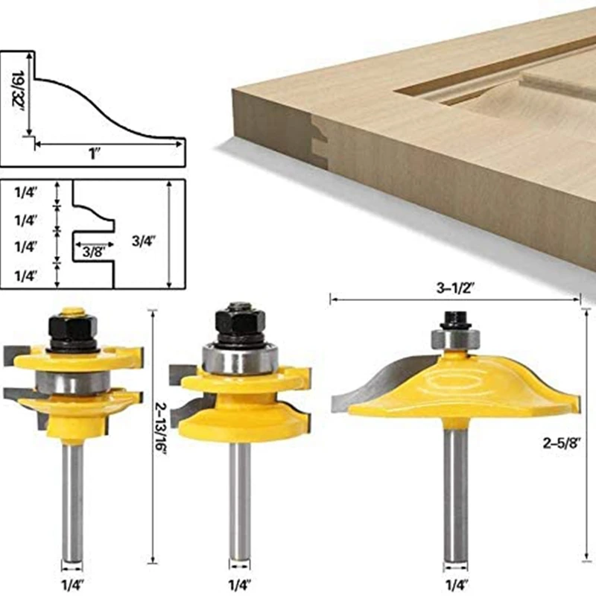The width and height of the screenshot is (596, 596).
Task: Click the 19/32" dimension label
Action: pos(18,89)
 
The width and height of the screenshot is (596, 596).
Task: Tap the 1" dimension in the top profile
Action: pos(94,154)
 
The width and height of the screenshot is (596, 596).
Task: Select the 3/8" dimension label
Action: pos(94,252)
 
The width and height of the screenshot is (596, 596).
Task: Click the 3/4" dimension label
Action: pos(144,241)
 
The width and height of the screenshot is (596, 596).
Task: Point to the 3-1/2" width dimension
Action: pos(456,288)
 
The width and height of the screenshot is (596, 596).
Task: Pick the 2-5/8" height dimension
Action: pos(562,443)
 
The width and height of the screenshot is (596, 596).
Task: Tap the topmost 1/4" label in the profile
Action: pos(26,193)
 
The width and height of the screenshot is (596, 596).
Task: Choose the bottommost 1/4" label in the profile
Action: pos(26,276)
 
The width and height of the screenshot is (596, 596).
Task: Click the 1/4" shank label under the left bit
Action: pos(73,584)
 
